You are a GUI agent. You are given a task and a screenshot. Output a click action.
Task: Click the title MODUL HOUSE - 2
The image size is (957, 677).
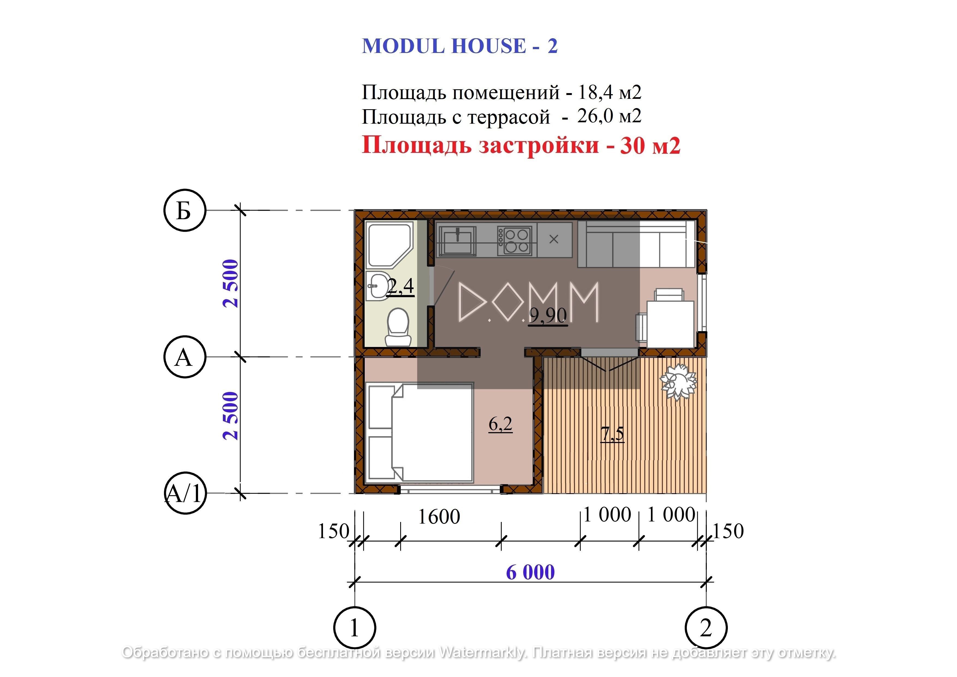(460, 46)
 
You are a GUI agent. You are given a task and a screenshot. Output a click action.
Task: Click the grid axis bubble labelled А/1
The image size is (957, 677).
(185, 493)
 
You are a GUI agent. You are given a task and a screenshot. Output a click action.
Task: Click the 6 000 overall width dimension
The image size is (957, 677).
(530, 572)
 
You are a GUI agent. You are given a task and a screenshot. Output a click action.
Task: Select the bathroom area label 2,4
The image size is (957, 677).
(400, 286)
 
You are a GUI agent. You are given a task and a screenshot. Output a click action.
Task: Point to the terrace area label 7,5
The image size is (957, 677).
(612, 434)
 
